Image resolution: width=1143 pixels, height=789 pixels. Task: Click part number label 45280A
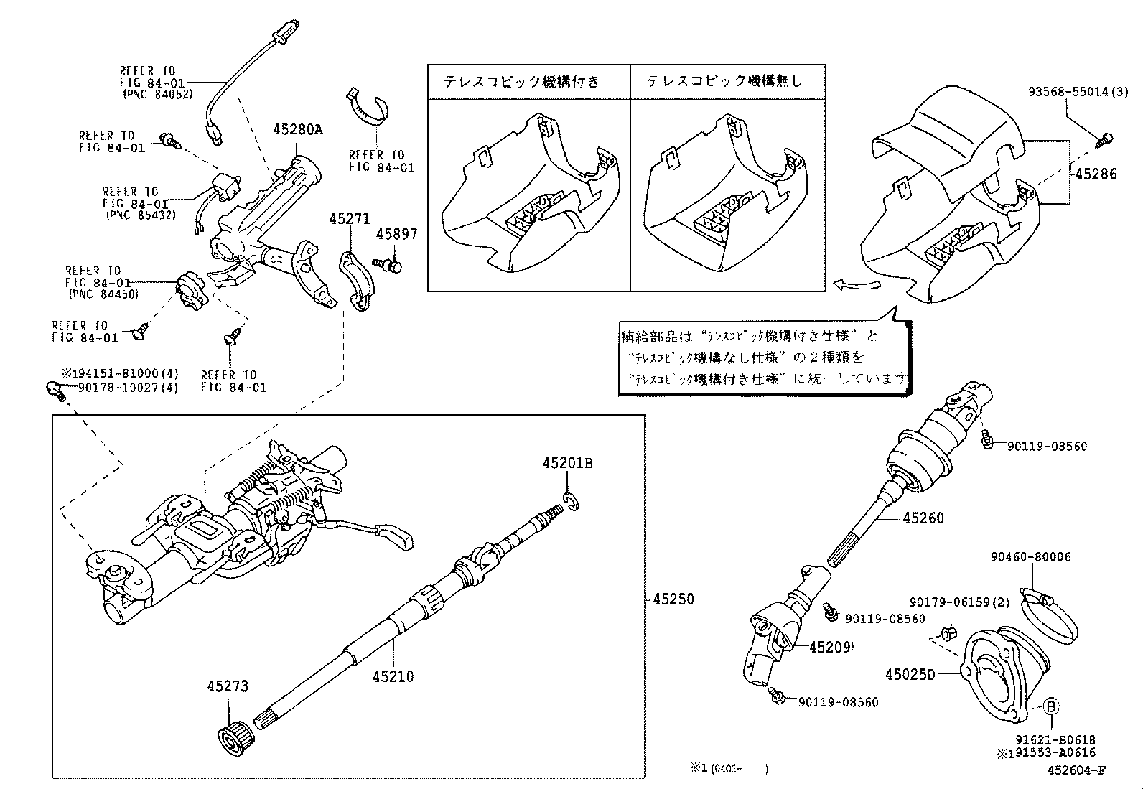coord(298,130)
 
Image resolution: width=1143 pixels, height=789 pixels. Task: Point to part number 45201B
coord(567,464)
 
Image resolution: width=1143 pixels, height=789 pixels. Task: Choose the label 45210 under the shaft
coord(393,676)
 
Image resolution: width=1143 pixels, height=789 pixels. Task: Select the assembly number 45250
coord(673,599)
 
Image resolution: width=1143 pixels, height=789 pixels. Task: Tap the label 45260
coord(923,518)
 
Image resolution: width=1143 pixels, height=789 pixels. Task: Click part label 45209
coord(829,647)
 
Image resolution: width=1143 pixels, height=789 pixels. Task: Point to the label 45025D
coord(910,674)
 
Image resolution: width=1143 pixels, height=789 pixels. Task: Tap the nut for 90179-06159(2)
coord(947,633)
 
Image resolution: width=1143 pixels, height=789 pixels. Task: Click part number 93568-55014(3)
coord(1078,92)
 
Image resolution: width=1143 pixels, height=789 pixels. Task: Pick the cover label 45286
coord(1096,174)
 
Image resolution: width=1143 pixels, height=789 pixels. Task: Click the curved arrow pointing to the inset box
coord(856,285)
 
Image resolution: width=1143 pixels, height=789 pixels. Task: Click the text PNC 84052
coord(158,94)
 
